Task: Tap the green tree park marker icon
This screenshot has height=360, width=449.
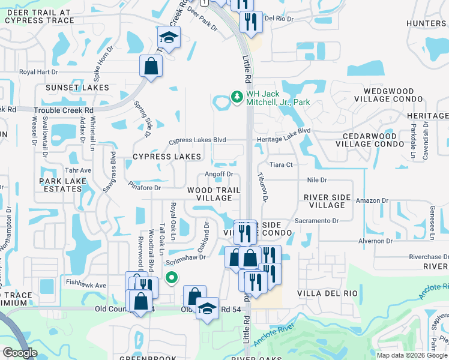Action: click(x=237, y=97)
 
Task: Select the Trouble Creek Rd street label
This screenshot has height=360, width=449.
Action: click(x=64, y=110)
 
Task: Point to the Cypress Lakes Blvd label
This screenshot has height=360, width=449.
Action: click(x=197, y=140)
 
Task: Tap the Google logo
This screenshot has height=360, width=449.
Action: click(x=19, y=353)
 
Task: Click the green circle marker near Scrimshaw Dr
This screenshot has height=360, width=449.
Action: click(x=172, y=277)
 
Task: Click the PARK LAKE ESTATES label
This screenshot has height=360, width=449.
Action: click(x=61, y=185)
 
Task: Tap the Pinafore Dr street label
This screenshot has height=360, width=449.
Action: click(x=145, y=188)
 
